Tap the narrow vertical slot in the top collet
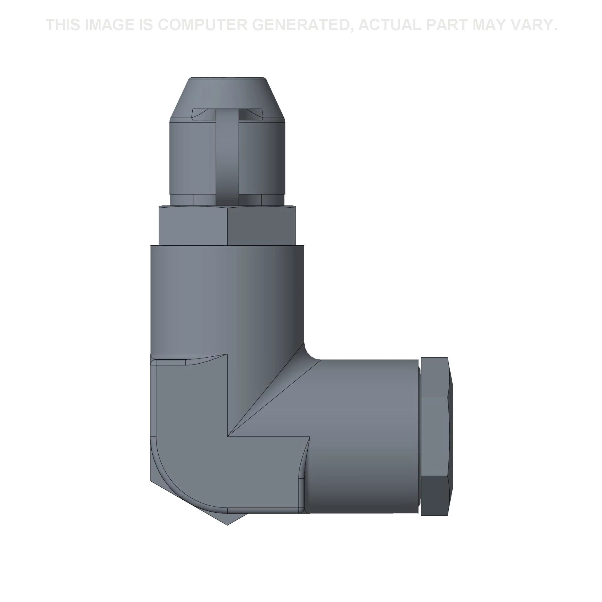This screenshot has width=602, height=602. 228,156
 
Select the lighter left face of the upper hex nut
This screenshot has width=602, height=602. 193,226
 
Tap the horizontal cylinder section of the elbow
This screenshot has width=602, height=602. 365,436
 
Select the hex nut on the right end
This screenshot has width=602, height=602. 436,436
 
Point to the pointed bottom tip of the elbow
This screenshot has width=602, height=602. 228,523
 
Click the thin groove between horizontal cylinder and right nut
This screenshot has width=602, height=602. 419,436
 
